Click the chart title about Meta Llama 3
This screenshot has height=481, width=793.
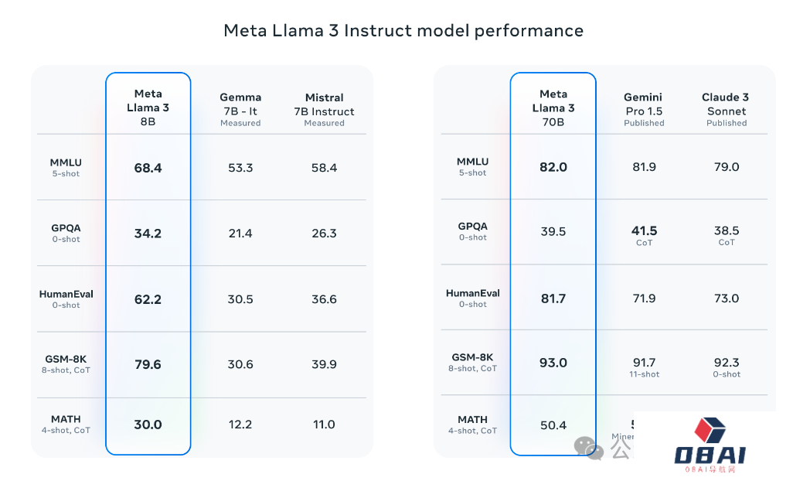coord(403,30)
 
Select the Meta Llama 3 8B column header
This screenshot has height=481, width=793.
coord(148,107)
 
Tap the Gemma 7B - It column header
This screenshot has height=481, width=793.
coord(240,109)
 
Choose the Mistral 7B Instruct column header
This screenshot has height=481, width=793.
coord(324,109)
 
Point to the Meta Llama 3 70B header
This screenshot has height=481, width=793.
coord(553,107)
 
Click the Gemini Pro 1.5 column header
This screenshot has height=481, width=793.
coord(644,109)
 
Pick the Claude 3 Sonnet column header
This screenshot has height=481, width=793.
coord(726,109)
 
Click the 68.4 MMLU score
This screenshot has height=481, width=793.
coord(148,167)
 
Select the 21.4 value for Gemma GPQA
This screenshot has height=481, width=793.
coord(240,233)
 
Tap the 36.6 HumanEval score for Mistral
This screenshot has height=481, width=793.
coord(323,298)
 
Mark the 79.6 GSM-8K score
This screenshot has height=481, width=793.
coord(148,364)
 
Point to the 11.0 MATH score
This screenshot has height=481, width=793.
coord(323,424)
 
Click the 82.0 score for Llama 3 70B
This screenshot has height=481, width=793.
coord(553,167)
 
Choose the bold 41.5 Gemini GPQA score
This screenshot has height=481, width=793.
coord(644,230)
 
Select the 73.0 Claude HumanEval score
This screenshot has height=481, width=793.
coord(726,298)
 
